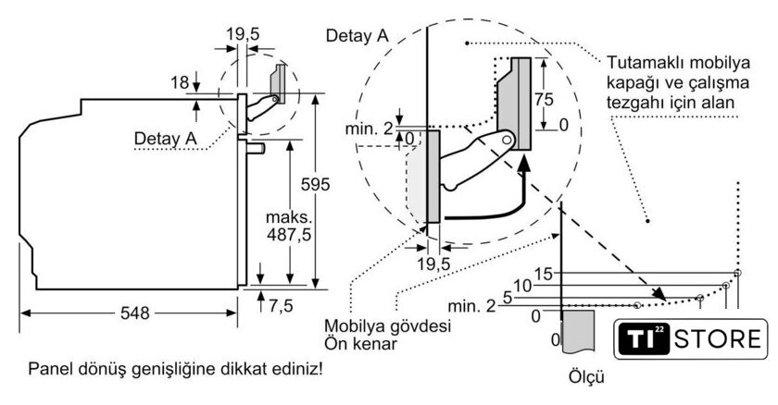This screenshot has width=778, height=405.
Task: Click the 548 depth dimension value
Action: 135,314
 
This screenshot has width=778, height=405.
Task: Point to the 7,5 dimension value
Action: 283,306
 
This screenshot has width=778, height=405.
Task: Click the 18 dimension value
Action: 180,83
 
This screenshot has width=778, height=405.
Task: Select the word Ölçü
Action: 588,378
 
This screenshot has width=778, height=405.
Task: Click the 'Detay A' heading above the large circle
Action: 357,35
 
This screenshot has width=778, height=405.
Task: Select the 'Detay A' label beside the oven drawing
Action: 166,138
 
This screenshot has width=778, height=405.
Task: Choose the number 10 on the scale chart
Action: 523,286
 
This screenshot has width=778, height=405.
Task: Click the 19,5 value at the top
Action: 244,34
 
